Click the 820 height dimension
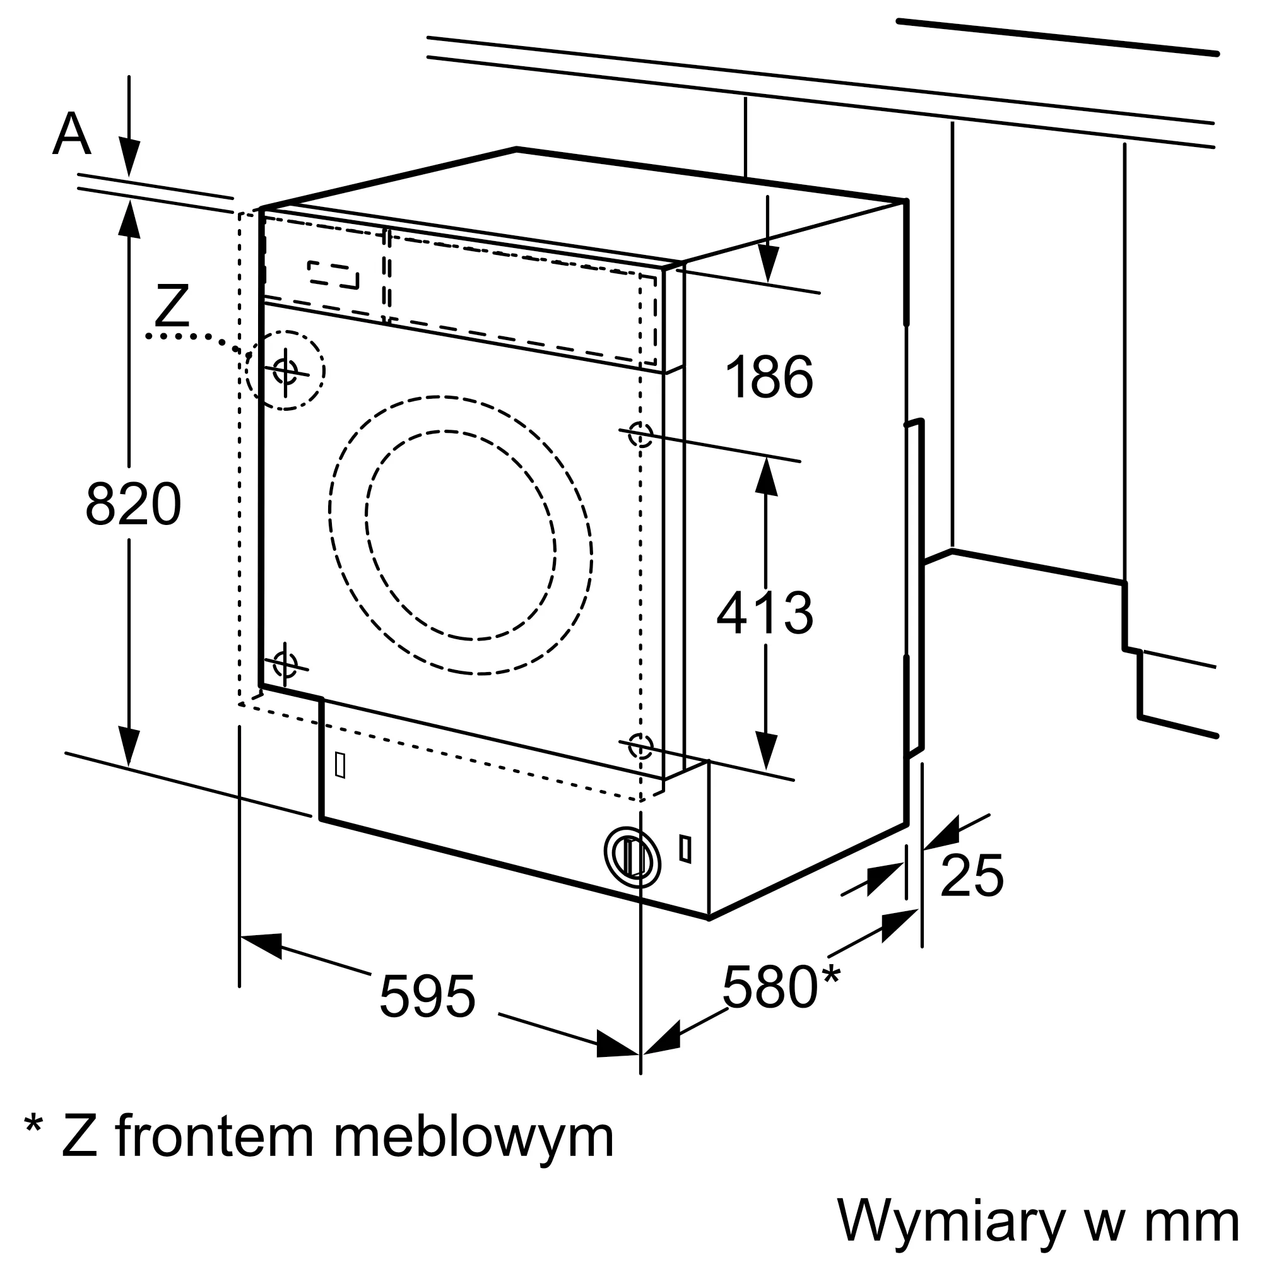[x=133, y=504]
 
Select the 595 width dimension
[x=427, y=997]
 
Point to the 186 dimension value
[x=769, y=377]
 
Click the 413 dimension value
[x=765, y=613]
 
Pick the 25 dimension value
[x=971, y=876]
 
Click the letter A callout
[x=71, y=134]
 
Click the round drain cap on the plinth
[x=632, y=858]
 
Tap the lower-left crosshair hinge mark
[x=285, y=664]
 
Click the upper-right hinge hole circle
[x=640, y=433]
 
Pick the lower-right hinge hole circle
[x=640, y=745]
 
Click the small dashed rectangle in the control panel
[x=334, y=275]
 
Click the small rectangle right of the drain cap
[x=685, y=849]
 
